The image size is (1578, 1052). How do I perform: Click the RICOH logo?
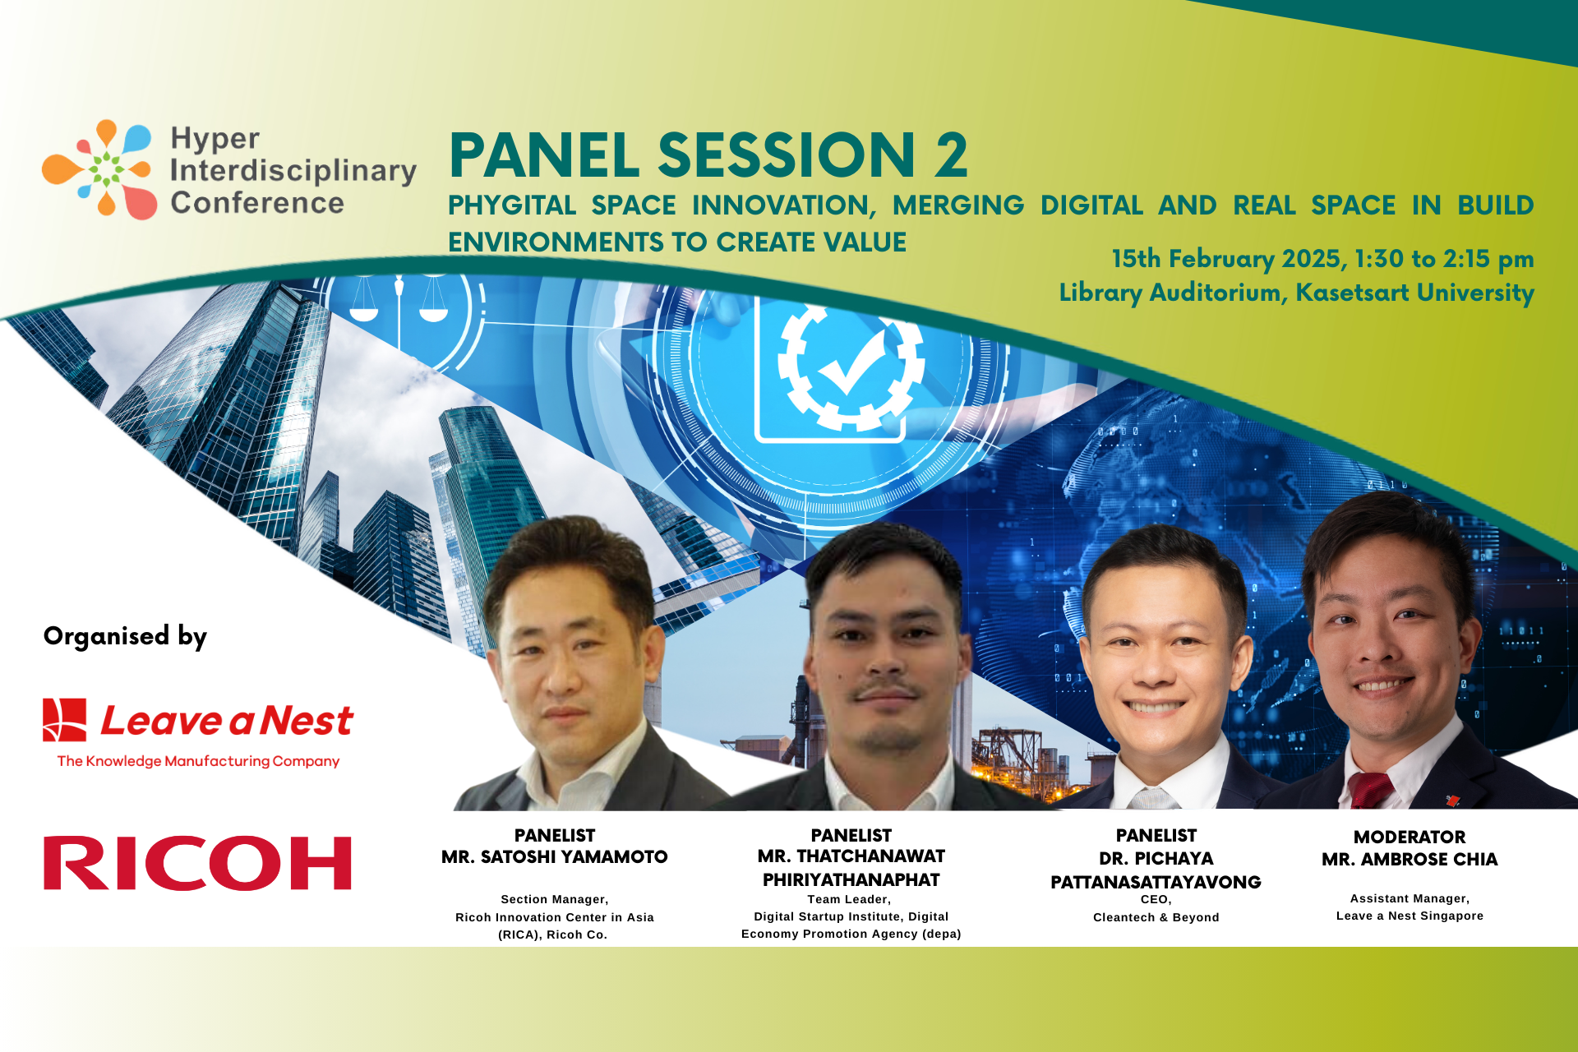197,863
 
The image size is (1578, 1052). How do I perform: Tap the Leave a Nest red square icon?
65,720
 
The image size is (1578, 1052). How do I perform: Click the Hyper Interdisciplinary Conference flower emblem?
99,169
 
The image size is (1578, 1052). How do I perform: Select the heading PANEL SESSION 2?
708,155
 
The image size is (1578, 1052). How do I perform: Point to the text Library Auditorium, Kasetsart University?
1296,293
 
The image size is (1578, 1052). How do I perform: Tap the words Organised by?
125,636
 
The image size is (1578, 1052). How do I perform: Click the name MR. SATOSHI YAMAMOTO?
555,857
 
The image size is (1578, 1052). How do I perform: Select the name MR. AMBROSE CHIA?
1410,860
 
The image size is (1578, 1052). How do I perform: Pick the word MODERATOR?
1410,837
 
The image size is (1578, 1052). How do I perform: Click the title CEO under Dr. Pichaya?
1156,900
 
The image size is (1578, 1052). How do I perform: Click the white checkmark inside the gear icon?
851,367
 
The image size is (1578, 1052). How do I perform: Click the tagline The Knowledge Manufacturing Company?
198,761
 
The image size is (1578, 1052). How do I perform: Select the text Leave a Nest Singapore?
1410,916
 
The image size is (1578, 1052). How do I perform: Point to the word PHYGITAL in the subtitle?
511,205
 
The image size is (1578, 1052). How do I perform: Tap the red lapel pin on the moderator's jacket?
1452,800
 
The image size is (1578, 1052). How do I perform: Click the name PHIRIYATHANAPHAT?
851,880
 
